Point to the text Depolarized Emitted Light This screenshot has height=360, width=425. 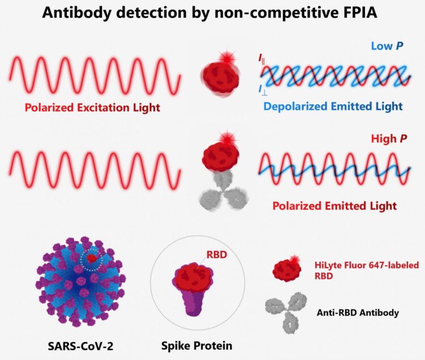pos(333,106)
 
